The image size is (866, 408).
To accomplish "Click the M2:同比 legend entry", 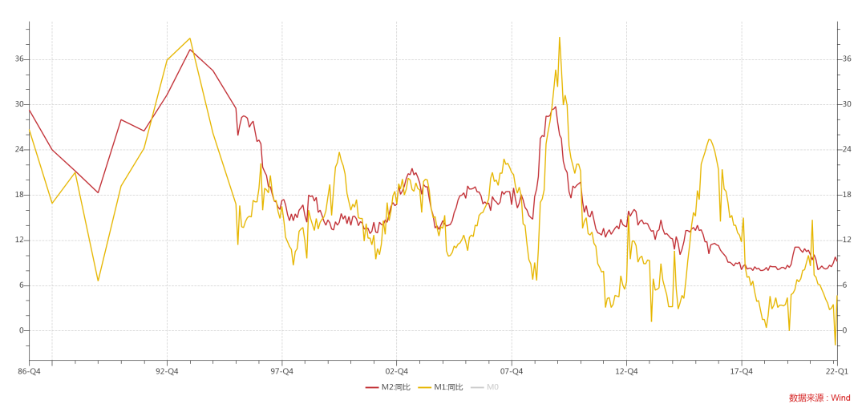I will click(x=388, y=387).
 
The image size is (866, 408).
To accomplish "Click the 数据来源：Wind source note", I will click(x=819, y=398).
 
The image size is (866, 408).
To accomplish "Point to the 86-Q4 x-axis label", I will click(x=29, y=371).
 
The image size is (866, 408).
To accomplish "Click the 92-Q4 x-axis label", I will click(x=167, y=371).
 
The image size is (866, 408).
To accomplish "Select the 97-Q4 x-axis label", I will click(x=281, y=371).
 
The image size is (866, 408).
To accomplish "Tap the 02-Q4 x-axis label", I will click(x=396, y=371).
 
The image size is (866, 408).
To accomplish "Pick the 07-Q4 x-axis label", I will click(x=512, y=371).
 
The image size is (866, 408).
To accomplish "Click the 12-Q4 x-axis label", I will click(x=626, y=371).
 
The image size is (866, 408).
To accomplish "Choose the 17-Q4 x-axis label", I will click(x=741, y=371).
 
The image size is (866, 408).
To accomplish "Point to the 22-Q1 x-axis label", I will click(x=837, y=371).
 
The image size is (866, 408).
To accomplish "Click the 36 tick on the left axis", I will click(x=19, y=59).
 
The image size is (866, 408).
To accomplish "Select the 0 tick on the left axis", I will click(x=22, y=330).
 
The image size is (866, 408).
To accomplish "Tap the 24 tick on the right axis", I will click(x=846, y=150).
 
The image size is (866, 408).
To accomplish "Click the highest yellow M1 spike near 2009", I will click(x=560, y=38).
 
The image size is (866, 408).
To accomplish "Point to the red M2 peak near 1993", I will click(x=190, y=50).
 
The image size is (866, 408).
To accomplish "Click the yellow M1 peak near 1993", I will click(x=190, y=38).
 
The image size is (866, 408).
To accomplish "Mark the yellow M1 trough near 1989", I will click(x=98, y=281).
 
